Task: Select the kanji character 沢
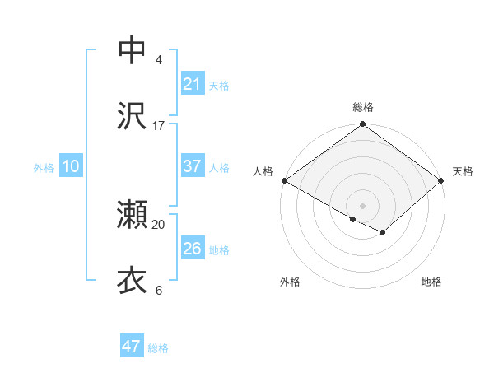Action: tap(132, 116)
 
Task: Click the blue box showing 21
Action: tap(192, 83)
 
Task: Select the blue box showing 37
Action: tap(192, 166)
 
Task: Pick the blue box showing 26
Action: tap(192, 249)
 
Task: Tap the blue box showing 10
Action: tap(71, 166)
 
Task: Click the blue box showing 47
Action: tap(132, 347)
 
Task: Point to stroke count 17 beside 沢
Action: tap(159, 126)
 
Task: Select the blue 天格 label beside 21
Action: tap(219, 85)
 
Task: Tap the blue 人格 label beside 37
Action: tap(219, 167)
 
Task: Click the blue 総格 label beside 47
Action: tap(158, 348)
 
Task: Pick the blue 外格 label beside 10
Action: tap(44, 167)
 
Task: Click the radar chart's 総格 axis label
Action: tap(363, 107)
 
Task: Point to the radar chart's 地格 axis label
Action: tap(431, 282)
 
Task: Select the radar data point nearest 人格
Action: tap(284, 180)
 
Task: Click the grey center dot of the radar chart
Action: tap(363, 204)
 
